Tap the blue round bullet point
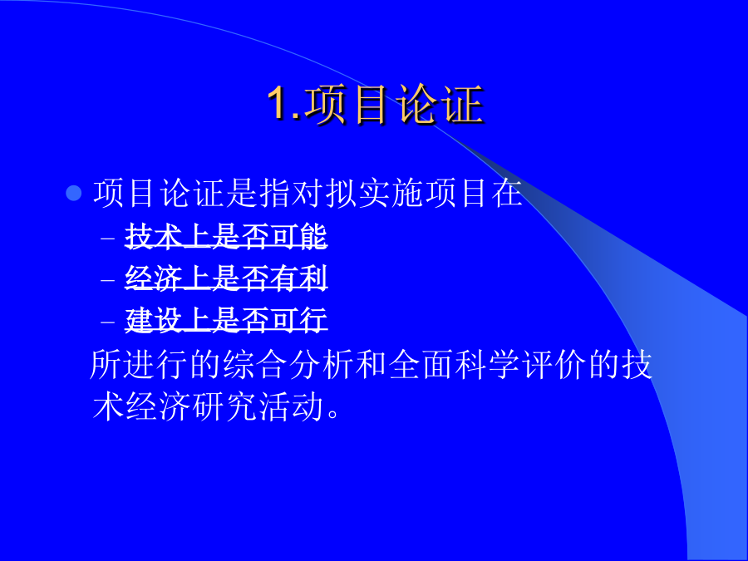74,193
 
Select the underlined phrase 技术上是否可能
226,236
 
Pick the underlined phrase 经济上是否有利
226,278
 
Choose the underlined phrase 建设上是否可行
226,319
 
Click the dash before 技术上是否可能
108,237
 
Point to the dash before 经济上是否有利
108,279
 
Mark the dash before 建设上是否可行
108,321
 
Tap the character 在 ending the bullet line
507,193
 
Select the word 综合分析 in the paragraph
288,365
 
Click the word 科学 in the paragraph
486,365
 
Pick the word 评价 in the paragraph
554,365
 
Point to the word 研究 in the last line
224,407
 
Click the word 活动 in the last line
291,407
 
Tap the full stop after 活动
333,414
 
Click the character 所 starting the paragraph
106,365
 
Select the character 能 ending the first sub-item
313,236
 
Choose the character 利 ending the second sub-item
313,278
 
